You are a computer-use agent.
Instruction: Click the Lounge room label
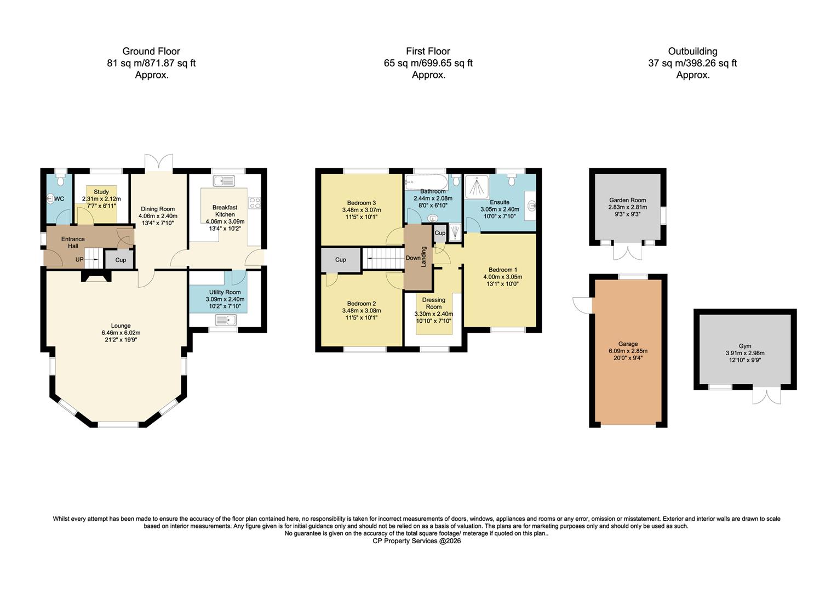[121, 326]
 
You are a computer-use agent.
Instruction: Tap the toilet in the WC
[61, 179]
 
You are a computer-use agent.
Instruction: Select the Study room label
[101, 192]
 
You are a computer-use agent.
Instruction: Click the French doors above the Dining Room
[159, 162]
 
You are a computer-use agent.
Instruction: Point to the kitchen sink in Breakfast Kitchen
[223, 180]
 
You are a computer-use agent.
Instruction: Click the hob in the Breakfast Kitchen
[254, 202]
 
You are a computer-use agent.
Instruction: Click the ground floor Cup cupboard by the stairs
[120, 260]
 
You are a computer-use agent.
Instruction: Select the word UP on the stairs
[79, 259]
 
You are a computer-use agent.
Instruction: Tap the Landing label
[423, 257]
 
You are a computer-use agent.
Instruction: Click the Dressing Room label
[433, 303]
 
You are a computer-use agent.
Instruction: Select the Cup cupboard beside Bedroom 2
[340, 260]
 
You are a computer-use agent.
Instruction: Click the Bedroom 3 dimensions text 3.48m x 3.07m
[361, 210]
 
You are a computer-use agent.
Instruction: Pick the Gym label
[744, 346]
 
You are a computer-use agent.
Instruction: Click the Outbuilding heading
[692, 52]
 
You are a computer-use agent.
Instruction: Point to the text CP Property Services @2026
[417, 541]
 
